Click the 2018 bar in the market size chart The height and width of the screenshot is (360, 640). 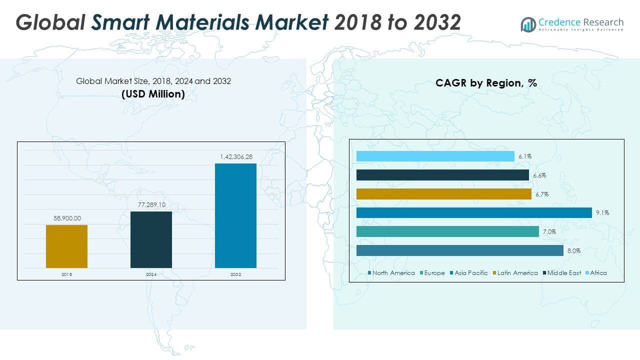pyautogui.click(x=66, y=246)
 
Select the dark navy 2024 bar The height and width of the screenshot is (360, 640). pyautogui.click(x=151, y=239)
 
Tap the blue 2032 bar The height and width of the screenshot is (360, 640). pyautogui.click(x=235, y=215)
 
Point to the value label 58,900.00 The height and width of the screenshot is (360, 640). pyautogui.click(x=66, y=218)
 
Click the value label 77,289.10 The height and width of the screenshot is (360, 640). pyautogui.click(x=151, y=205)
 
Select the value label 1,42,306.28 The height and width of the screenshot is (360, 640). pyautogui.click(x=236, y=157)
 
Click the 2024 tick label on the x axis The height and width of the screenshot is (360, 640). pyautogui.click(x=151, y=275)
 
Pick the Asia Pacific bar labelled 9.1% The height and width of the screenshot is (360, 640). pyautogui.click(x=474, y=213)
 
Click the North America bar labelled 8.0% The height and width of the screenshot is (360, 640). pyautogui.click(x=460, y=250)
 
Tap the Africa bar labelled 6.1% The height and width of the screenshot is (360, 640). pyautogui.click(x=435, y=156)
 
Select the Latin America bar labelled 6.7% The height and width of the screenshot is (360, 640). pyautogui.click(x=444, y=194)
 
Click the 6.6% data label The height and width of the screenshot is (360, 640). pyautogui.click(x=539, y=175)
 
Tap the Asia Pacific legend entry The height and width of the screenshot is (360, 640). pyautogui.click(x=470, y=273)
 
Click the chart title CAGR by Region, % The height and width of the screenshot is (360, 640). pyautogui.click(x=486, y=83)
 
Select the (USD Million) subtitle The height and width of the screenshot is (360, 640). pyautogui.click(x=153, y=93)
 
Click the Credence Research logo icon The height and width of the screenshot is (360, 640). pyautogui.click(x=528, y=24)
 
